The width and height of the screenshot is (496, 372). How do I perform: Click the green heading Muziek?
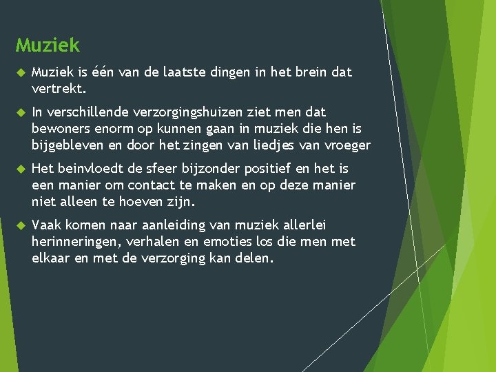click(x=48, y=45)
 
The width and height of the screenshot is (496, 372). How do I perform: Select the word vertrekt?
click(x=59, y=89)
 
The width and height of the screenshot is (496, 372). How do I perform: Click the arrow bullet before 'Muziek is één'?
click(x=20, y=72)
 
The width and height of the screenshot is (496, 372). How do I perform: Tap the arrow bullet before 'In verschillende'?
click(x=20, y=112)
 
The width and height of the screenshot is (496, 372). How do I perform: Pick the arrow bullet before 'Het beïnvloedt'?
click(x=20, y=169)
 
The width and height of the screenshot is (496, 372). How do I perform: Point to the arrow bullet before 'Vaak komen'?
click(x=20, y=225)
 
